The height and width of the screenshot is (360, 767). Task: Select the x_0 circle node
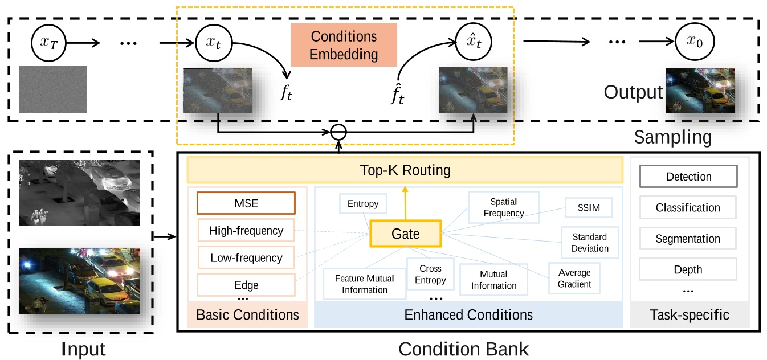point(695,43)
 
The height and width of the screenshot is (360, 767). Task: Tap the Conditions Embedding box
point(344,46)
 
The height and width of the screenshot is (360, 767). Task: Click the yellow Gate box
point(405,234)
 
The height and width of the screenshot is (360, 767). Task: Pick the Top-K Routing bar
point(405,170)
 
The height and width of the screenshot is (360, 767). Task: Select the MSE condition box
point(246,203)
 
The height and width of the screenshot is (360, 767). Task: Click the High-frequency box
point(246,231)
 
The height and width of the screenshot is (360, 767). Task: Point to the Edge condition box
point(246,285)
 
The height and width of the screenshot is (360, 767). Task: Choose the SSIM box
point(589,208)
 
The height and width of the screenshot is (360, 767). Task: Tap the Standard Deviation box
point(590,242)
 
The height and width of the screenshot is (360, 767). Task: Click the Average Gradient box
point(574,278)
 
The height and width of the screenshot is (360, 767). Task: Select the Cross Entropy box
point(430,274)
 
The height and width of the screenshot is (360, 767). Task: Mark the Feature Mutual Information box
point(364,284)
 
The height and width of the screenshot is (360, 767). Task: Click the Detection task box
point(688,177)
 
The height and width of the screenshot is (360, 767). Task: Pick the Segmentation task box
point(688,239)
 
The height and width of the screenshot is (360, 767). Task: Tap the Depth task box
point(688,269)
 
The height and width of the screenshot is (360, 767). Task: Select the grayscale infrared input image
point(79,192)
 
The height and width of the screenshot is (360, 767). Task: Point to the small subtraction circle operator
point(339,133)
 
